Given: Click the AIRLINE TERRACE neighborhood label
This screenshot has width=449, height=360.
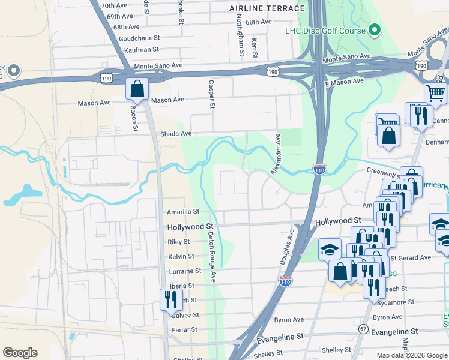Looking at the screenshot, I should (267, 8).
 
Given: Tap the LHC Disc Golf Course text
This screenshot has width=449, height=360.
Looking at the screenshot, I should (325, 30).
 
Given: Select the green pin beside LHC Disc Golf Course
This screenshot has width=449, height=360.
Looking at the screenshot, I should (375, 29).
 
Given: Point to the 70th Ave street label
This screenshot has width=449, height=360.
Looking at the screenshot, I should (115, 5).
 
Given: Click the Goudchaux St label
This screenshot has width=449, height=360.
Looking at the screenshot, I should (137, 38).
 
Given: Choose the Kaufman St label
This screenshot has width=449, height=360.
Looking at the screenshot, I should (141, 49).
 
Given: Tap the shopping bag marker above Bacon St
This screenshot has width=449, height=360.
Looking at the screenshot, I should (137, 89).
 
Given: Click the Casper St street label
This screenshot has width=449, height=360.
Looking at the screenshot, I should (211, 94).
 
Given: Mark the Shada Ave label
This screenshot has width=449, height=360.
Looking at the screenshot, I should (175, 134).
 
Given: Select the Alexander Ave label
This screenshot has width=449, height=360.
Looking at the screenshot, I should (276, 155).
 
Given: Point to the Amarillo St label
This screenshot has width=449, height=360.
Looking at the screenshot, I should (183, 212).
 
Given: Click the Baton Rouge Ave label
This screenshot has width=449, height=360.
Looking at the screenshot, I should (212, 258).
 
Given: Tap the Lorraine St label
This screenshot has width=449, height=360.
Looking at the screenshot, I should (184, 272).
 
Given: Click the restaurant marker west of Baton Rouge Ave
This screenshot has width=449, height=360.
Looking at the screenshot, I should (171, 299).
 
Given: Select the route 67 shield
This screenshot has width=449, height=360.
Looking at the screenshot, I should (363, 329).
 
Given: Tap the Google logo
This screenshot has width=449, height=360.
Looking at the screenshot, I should (20, 353).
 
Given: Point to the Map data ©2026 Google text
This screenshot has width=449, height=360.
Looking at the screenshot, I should (412, 355).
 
